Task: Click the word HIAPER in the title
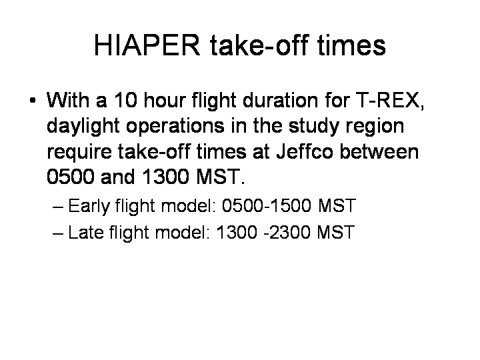coord(147,45)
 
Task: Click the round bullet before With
coord(33,100)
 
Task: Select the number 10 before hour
coord(125,100)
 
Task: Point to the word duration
coord(280,100)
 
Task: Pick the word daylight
coord(83,126)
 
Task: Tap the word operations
coord(175,126)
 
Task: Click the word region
coord(375,126)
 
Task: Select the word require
coord(79,152)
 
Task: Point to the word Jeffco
coord(304,151)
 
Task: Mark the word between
coord(379,151)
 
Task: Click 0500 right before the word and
coord(71,177)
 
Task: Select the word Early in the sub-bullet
coord(89,206)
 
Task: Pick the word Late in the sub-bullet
coord(85,232)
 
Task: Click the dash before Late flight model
coord(58,233)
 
